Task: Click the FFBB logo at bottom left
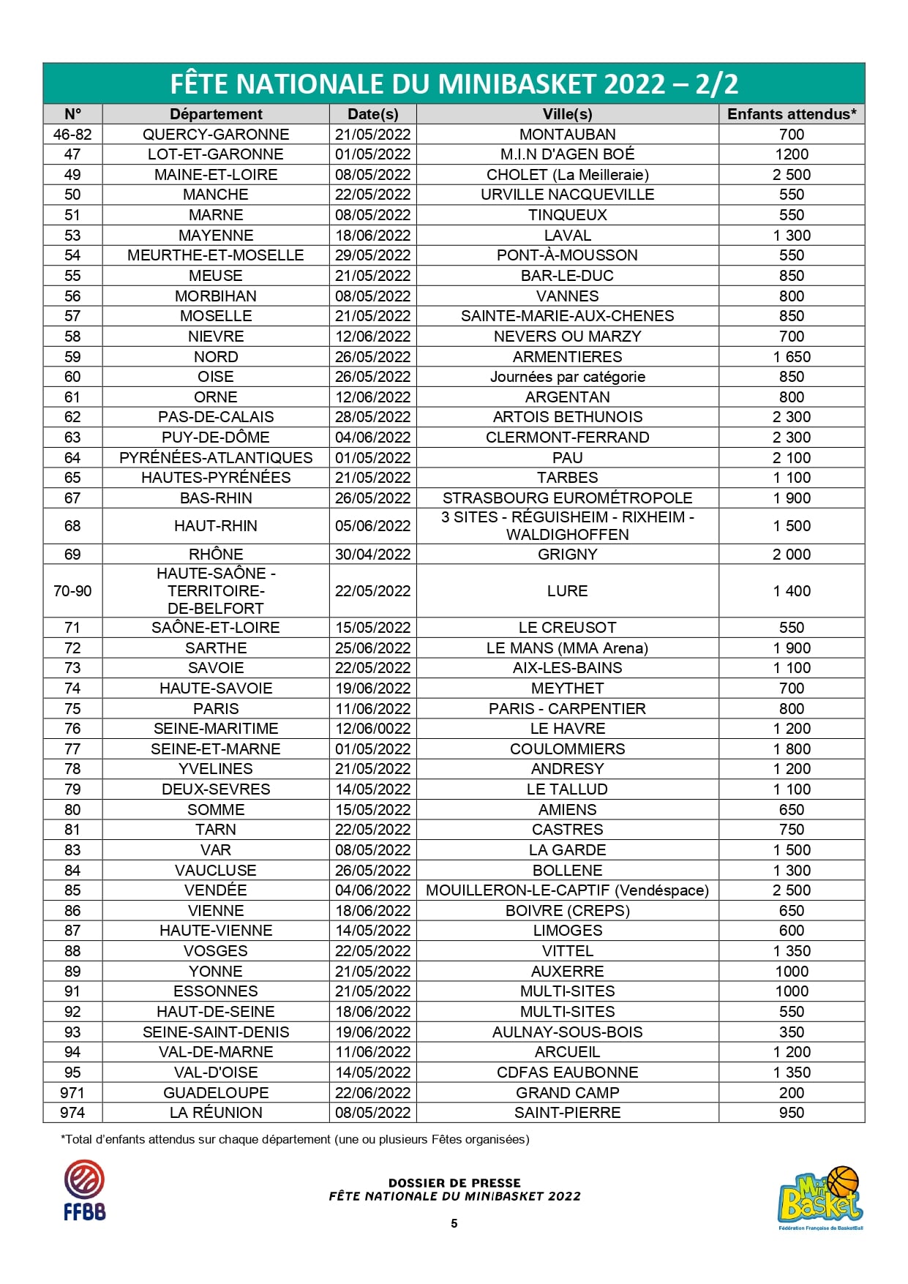click(84, 1190)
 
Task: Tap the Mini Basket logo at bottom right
click(820, 1197)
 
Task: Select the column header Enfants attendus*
click(791, 114)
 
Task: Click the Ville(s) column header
click(567, 114)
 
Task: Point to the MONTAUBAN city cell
click(567, 135)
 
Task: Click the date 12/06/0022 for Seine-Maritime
click(372, 729)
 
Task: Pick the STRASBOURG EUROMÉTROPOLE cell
click(567, 498)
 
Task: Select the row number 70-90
click(72, 591)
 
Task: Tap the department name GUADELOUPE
click(216, 1093)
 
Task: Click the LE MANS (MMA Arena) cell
click(567, 648)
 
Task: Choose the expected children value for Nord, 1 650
click(791, 357)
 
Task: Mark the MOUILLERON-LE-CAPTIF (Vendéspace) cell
click(567, 890)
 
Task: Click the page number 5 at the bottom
click(454, 1223)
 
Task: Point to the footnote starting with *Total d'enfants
click(295, 1139)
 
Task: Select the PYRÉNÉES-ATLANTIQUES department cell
click(216, 458)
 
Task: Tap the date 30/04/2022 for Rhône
click(372, 555)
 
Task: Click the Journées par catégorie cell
click(567, 377)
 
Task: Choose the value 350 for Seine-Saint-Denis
click(791, 1032)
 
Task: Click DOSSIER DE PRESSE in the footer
click(454, 1182)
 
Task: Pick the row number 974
click(72, 1113)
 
